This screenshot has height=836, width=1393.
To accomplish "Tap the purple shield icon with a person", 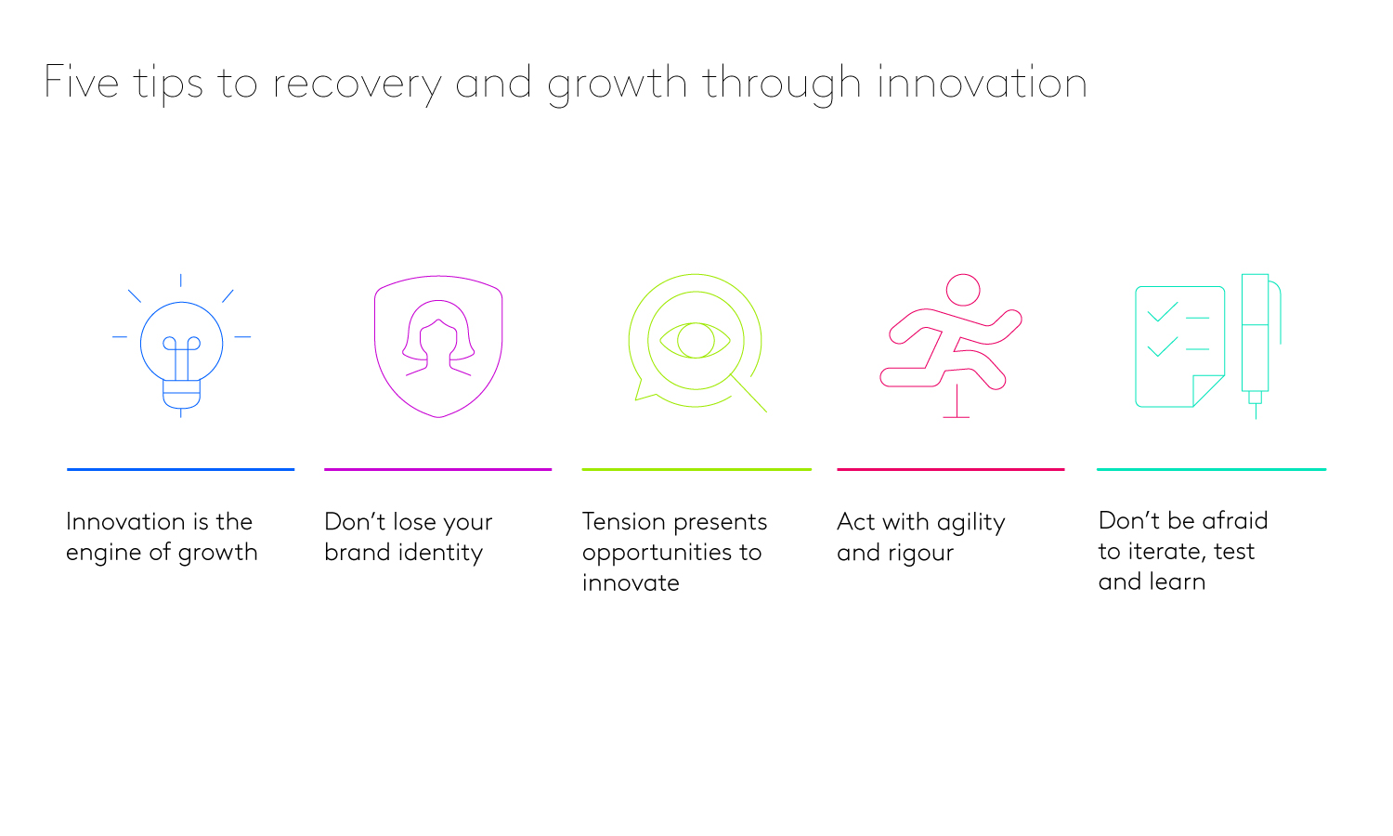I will coord(438,346).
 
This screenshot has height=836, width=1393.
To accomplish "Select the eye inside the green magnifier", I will coord(695,340).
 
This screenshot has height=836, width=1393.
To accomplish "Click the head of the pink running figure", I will coord(963,290).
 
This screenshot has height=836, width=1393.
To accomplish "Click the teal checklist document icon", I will coord(1179,346).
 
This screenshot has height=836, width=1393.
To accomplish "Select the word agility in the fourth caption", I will coord(970,523).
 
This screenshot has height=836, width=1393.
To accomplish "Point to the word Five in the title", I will coord(82,83).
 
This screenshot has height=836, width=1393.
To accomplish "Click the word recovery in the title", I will coord(357,84).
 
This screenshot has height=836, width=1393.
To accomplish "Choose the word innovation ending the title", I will coord(982,83).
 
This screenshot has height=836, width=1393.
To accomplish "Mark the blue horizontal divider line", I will coord(180,470).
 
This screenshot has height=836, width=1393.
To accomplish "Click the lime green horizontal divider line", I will coord(696,470).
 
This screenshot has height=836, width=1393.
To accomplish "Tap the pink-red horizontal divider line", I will coord(950,470).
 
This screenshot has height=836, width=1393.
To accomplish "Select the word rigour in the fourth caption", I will coord(920,554).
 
